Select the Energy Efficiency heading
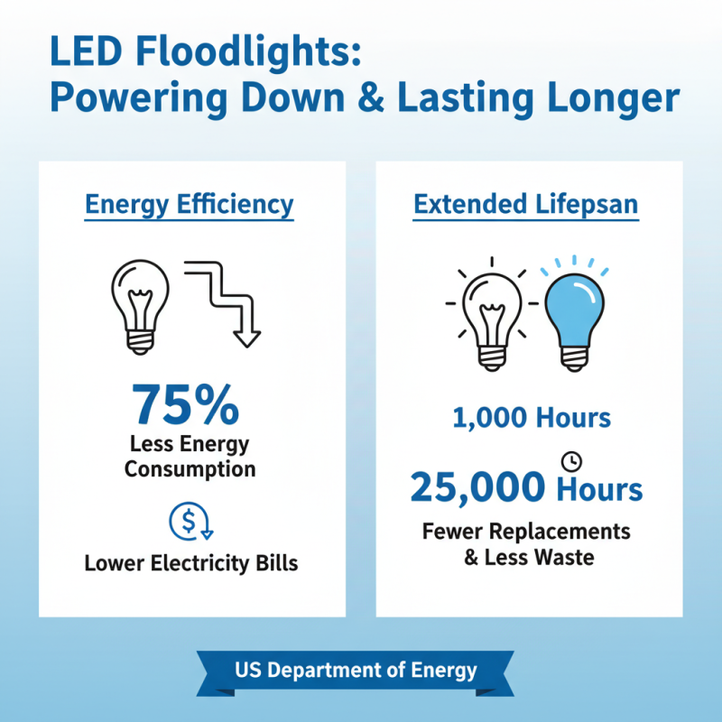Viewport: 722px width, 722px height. (x=190, y=205)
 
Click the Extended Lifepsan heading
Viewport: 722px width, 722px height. (x=526, y=205)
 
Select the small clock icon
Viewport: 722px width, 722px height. (x=571, y=461)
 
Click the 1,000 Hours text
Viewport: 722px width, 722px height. (x=532, y=419)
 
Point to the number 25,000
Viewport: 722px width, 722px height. (x=478, y=489)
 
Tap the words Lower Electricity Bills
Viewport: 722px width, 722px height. (x=191, y=564)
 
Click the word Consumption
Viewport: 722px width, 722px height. (x=190, y=469)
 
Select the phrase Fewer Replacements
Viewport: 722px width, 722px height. (x=526, y=530)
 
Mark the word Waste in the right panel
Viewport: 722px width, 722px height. (x=563, y=557)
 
